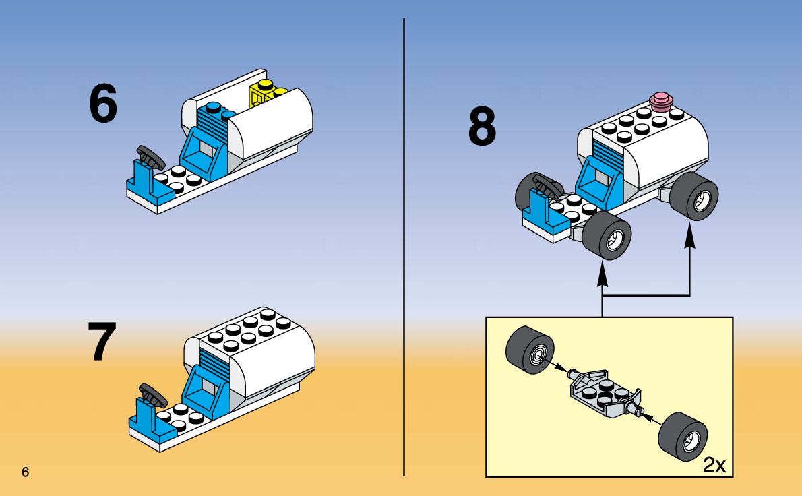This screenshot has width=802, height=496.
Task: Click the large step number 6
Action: click(103, 104)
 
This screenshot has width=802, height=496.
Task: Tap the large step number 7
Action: click(102, 342)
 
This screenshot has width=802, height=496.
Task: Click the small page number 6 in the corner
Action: click(26, 472)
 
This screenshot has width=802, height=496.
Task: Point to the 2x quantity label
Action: click(714, 465)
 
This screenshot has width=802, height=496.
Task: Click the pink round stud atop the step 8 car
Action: click(662, 102)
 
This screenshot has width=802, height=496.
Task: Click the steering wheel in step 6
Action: click(150, 157)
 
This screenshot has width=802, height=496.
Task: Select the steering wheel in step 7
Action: click(152, 394)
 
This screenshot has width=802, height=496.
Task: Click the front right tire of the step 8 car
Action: click(607, 237)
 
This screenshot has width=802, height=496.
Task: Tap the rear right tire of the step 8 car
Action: click(695, 195)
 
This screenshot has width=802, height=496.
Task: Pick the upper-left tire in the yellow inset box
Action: click(530, 350)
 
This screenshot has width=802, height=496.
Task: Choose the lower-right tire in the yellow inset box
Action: click(683, 436)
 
